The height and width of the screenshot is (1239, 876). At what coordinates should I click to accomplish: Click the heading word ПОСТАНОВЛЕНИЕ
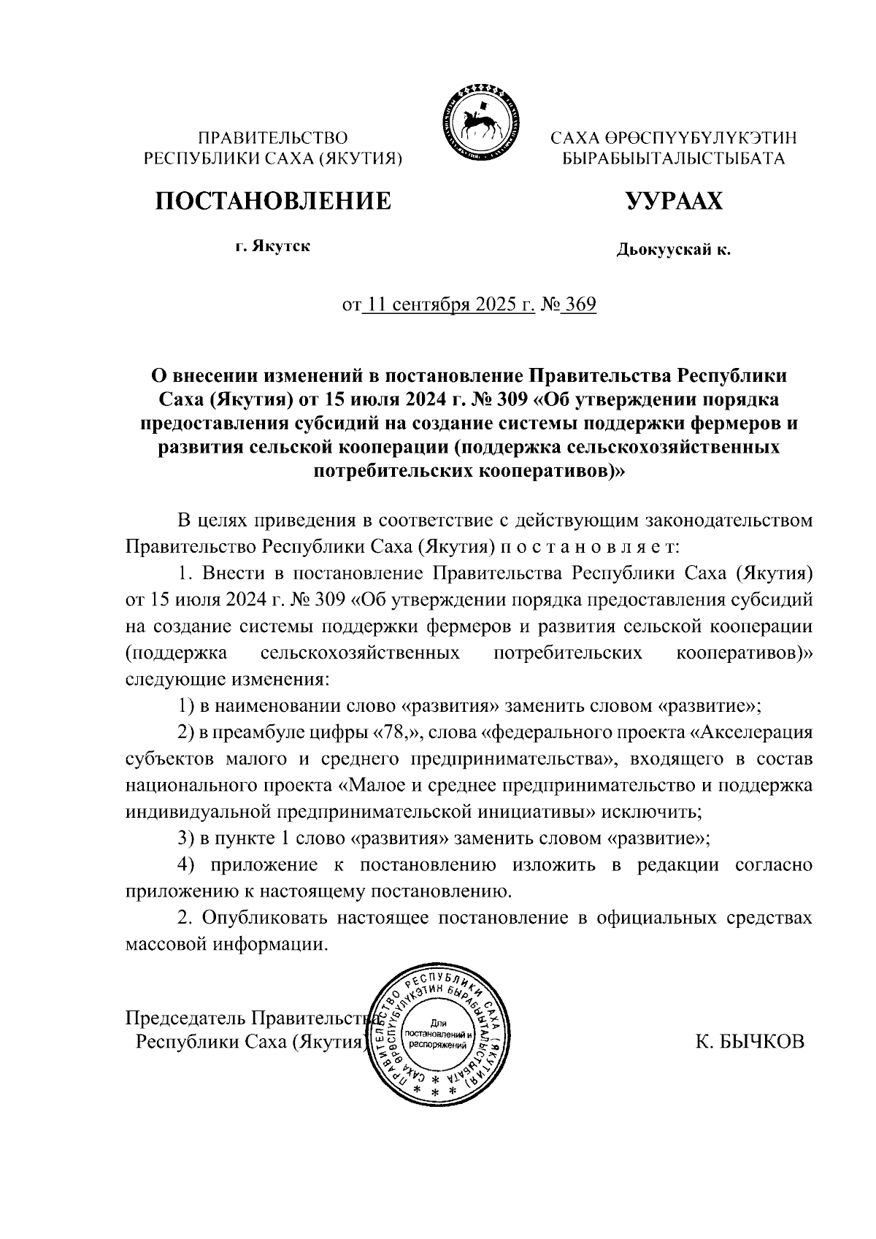272,200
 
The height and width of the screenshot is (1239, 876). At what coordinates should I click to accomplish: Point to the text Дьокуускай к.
673,250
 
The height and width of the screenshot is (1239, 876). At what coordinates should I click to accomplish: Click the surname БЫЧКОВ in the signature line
766,1041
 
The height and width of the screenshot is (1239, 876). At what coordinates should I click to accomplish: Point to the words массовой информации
225,943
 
